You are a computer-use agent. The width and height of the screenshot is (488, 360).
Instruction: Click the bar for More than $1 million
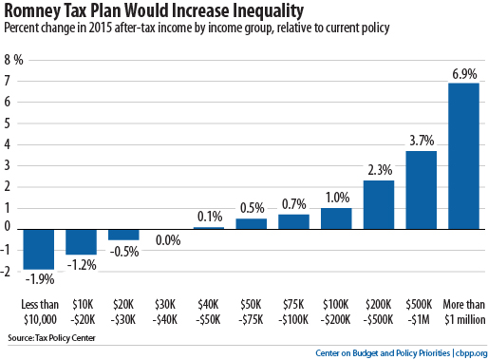point(462,155)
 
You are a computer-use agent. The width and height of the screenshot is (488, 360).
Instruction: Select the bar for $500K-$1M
point(421,189)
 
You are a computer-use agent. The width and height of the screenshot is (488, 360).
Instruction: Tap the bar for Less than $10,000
point(39,248)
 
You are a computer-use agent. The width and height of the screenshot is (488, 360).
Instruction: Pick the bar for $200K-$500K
point(378,203)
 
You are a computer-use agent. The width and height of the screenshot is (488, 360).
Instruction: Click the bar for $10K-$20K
point(82,240)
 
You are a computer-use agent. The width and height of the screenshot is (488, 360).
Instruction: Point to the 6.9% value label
point(462,73)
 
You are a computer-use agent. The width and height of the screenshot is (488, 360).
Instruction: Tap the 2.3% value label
point(378,169)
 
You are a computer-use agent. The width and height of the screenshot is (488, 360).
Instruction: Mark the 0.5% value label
point(251,207)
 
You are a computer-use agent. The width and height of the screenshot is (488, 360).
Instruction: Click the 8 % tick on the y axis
point(13,59)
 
